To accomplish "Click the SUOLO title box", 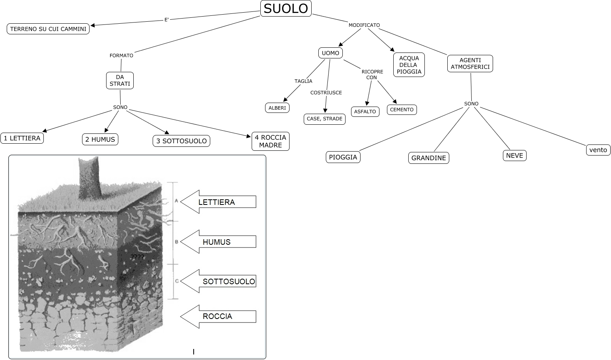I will click(286, 8).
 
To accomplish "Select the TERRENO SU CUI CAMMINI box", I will click(48, 29).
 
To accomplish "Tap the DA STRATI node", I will click(120, 80).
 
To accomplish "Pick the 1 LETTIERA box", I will click(22, 138).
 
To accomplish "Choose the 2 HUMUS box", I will click(100, 139).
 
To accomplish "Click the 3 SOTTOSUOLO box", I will click(181, 141).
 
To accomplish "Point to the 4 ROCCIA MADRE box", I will click(270, 141).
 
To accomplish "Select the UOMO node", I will click(330, 53).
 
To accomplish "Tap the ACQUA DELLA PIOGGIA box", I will click(409, 65).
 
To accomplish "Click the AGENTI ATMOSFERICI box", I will click(470, 64).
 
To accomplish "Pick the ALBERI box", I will click(277, 108).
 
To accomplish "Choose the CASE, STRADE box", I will click(324, 118).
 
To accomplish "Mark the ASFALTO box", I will click(365, 112).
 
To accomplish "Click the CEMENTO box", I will click(402, 110).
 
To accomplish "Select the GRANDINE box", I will click(428, 158).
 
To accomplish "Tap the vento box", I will click(598, 150).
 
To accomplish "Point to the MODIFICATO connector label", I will click(364, 25).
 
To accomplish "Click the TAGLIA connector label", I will click(303, 81).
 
